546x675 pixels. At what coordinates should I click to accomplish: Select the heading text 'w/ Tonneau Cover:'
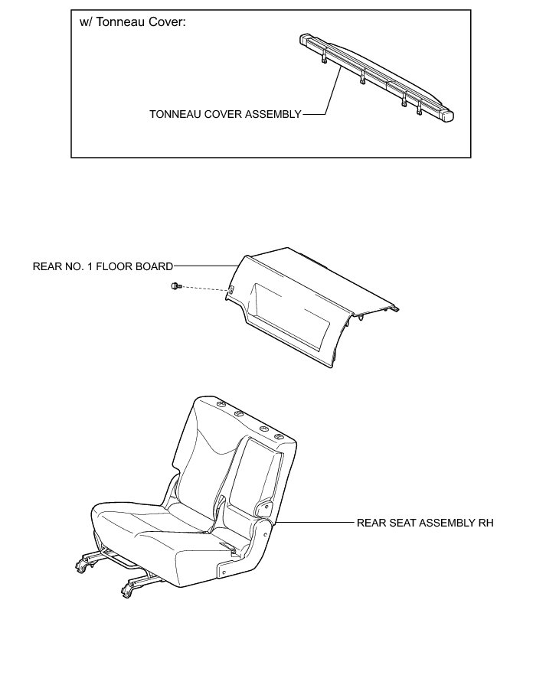pos(133,21)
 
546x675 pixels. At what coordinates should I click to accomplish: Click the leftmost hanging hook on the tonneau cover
pos(325,60)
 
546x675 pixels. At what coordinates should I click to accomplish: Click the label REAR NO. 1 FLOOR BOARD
pos(103,266)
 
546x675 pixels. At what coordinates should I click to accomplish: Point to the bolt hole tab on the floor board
pos(230,289)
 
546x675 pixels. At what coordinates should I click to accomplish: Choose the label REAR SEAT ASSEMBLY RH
pos(424,523)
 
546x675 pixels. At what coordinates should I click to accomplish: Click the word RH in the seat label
pos(486,523)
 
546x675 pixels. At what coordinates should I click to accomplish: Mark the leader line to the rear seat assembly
pos(314,523)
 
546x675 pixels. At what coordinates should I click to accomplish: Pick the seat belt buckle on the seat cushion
pos(227,544)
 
